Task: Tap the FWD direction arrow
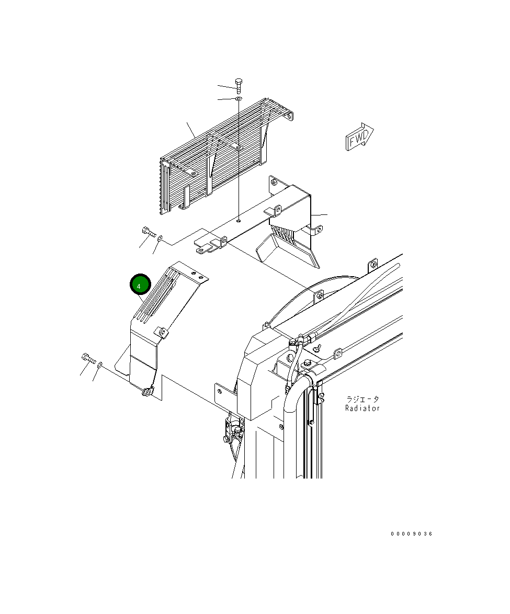359,137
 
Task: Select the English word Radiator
362,408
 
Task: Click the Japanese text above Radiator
362,399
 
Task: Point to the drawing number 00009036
411,534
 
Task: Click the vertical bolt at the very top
239,86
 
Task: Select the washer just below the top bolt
239,98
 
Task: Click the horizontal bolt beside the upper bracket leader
149,232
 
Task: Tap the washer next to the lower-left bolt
100,365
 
